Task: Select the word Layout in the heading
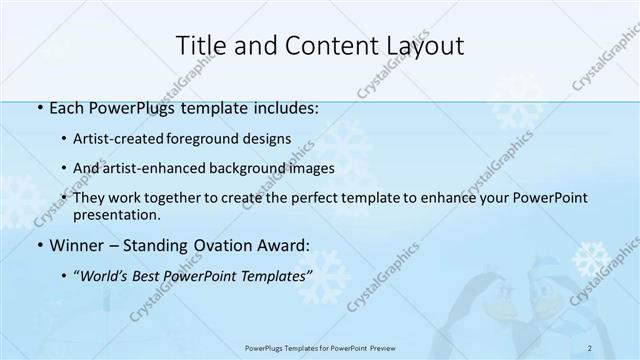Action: (426, 45)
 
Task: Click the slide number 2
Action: (590, 347)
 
